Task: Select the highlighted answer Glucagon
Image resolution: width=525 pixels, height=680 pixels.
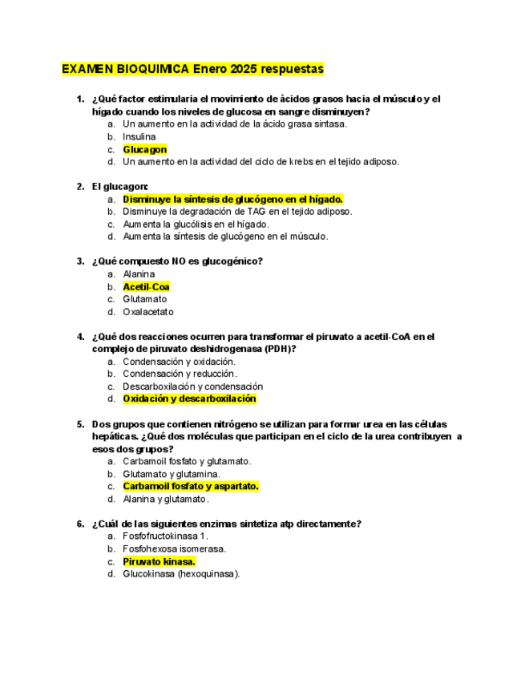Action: point(145,149)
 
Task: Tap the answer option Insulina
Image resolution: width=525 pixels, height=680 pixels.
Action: point(139,137)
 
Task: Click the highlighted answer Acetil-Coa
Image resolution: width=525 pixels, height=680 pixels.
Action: point(146,286)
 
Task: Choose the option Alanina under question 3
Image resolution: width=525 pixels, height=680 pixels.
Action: point(139,274)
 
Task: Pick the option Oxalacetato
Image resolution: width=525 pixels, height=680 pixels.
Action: point(148,312)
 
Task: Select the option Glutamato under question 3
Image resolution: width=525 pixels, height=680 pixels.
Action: point(145,299)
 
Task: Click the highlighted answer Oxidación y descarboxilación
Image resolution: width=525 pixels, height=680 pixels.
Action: point(189,399)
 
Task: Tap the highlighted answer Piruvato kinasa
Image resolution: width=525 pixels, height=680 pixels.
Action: point(159,561)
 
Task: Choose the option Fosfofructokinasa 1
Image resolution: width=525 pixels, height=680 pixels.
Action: point(165,536)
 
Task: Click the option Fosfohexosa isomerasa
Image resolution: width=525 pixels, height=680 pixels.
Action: point(174,549)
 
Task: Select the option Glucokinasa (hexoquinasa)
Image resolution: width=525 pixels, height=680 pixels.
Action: point(181,574)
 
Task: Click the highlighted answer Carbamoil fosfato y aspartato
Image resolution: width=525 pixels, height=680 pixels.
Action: point(191,486)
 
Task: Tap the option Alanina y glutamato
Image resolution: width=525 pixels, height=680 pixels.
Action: point(165,499)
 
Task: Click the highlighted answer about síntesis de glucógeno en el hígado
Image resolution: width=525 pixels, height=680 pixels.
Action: point(232,199)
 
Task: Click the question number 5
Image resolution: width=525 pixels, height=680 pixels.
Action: point(80,424)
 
